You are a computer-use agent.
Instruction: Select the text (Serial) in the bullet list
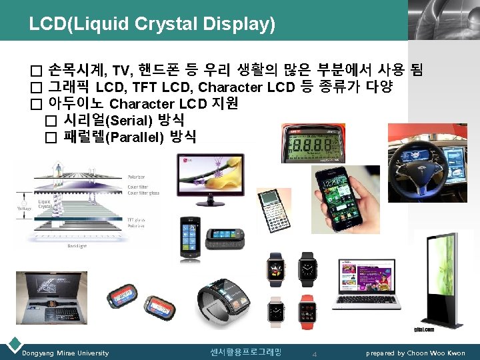click(130, 121)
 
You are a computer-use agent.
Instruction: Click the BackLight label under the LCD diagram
click(76, 245)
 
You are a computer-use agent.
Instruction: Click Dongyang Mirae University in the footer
click(65, 353)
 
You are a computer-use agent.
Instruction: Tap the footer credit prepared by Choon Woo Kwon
click(417, 353)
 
